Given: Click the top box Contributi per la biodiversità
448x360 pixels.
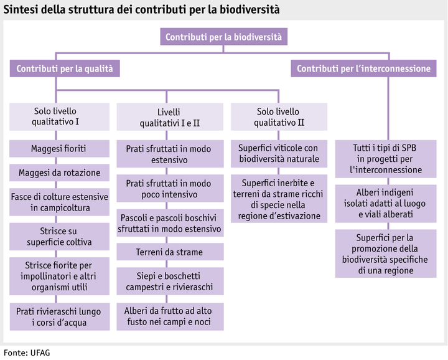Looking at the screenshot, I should point(223,37).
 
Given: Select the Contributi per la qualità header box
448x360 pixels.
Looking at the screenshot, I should point(65,69).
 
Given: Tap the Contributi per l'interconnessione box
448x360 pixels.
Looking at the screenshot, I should point(363,69).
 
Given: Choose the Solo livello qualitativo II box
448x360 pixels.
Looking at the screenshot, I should point(279,116).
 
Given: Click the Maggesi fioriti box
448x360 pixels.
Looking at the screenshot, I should point(58,149).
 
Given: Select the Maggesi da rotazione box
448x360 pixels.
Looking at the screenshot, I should point(58,172).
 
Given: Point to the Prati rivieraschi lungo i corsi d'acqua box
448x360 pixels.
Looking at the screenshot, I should point(58,316).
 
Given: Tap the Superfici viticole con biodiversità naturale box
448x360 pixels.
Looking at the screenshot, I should point(279,153).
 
